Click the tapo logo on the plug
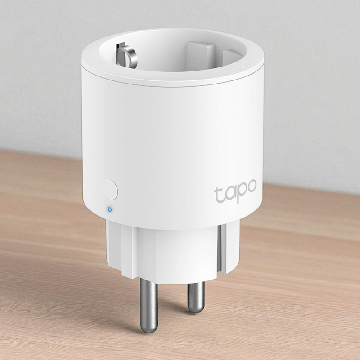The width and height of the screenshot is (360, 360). tap(235, 191)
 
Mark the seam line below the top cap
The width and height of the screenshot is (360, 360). tap(171, 85)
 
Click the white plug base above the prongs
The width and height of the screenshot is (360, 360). tap(171, 252)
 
